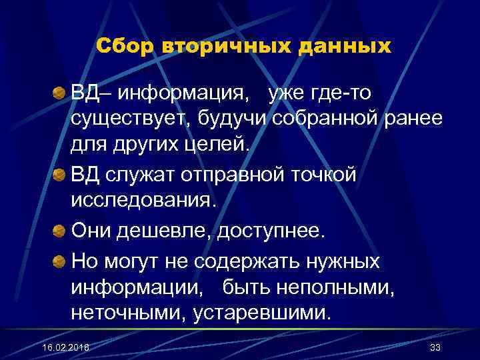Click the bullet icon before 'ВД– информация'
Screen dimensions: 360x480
pyautogui.click(x=60, y=93)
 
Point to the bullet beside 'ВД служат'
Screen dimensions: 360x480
pyautogui.click(x=60, y=175)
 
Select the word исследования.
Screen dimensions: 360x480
pyautogui.click(x=144, y=201)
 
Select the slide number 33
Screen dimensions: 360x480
pyautogui.click(x=436, y=348)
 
